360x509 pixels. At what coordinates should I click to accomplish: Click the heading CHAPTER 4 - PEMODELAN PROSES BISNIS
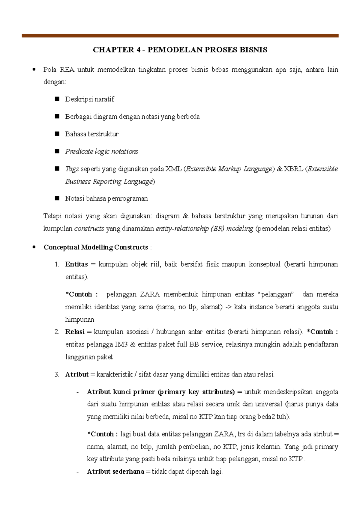180,50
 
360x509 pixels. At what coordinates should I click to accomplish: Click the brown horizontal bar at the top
180,36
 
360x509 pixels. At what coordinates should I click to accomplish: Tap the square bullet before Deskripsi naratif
57,99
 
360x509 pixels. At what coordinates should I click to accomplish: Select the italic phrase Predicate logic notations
102,151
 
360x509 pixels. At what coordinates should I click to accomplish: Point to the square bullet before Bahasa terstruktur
57,134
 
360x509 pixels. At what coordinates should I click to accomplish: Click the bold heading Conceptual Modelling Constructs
96,247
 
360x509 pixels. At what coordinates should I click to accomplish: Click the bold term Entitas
76,264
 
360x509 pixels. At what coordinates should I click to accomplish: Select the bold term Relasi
75,332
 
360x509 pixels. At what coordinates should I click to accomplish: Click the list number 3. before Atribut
57,374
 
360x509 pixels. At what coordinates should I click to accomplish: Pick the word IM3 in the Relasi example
121,344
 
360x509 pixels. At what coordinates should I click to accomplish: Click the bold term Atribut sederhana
115,472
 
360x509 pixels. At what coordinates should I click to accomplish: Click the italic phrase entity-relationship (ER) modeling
204,229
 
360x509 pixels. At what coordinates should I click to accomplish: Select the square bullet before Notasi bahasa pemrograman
57,198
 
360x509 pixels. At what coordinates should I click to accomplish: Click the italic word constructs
89,229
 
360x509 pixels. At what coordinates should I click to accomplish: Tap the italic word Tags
72,169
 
